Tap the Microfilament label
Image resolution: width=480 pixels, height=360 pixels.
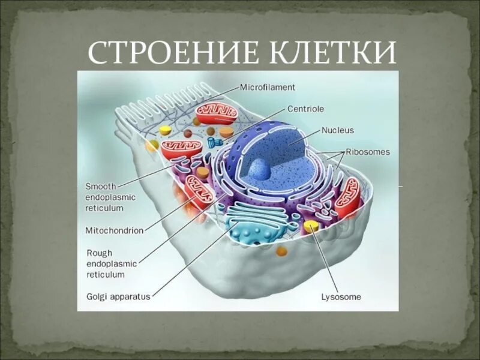(268, 87)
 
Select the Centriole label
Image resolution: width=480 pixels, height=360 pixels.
(305, 109)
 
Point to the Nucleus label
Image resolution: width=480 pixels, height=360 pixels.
(338, 130)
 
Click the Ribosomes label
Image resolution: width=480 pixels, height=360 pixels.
(367, 152)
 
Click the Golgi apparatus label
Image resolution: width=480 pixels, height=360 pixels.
(118, 296)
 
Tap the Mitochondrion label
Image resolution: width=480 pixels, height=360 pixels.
(114, 230)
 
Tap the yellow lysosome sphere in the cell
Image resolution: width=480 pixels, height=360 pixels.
(311, 226)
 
